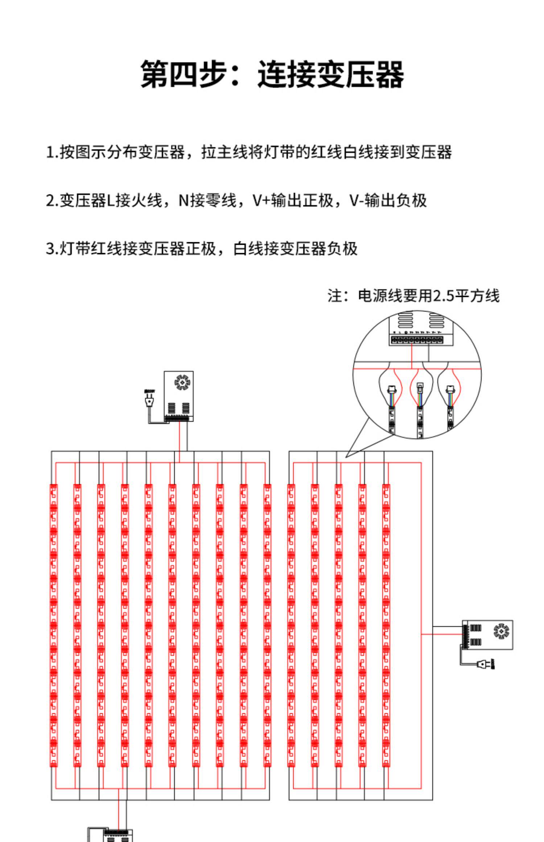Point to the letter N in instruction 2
184,200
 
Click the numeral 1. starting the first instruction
52,152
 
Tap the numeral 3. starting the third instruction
52,249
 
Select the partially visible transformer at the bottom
111,834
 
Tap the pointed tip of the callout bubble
346,457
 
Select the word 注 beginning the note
334,296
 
